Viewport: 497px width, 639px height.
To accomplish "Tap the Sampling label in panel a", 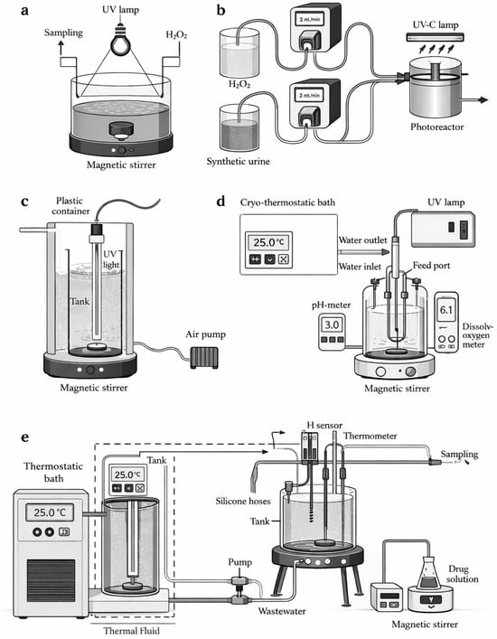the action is click(x=63, y=33).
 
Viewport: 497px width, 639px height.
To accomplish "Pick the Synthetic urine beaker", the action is click(x=239, y=127).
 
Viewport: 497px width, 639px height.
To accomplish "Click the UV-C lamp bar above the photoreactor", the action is click(x=436, y=37).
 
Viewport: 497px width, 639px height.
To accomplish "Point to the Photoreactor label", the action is click(x=436, y=127).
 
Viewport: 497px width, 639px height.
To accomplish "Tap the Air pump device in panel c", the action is click(x=204, y=357).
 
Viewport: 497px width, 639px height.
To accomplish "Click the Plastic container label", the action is click(x=70, y=206).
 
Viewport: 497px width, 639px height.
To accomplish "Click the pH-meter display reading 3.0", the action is click(x=332, y=324).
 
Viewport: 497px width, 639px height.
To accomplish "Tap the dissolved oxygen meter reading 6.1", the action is click(x=446, y=310).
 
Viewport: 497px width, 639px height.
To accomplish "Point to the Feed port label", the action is click(x=431, y=266).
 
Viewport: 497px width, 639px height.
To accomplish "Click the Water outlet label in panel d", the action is click(x=362, y=240).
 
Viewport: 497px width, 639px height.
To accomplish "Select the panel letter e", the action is click(x=25, y=437).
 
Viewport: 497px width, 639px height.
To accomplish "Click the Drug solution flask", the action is click(x=430, y=573).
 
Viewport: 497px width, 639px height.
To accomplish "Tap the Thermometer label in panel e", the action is click(x=370, y=436).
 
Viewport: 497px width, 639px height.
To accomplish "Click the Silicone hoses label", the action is click(x=243, y=501).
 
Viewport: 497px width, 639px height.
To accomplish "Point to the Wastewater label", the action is click(x=282, y=611).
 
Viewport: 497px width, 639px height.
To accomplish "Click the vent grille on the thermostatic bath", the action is click(x=51, y=580).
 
